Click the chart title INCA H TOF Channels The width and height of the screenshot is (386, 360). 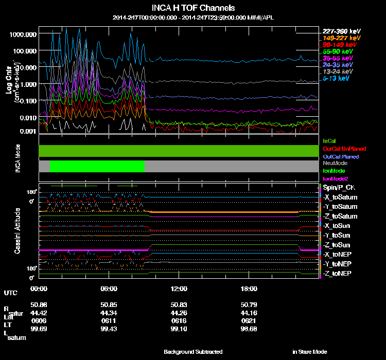coord(193,8)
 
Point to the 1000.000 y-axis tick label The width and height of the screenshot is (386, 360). coord(23,34)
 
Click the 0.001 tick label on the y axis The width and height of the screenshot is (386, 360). coord(27,132)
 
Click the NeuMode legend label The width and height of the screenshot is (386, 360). coord(335,163)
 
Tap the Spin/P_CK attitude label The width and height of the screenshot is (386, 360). coord(338,188)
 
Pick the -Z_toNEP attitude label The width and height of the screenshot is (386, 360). coord(338,273)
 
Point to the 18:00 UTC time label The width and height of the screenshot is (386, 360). coord(250,289)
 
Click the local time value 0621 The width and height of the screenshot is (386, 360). coord(250,320)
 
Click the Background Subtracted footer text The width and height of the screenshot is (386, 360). coord(193,352)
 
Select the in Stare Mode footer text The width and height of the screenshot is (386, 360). coord(309,352)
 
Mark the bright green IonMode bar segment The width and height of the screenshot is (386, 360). coord(97,166)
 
